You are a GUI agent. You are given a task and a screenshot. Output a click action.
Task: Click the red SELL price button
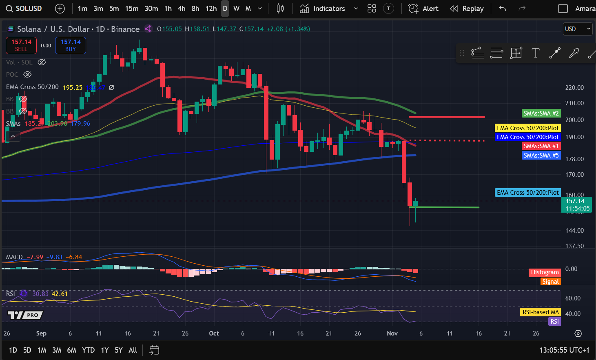[21, 45]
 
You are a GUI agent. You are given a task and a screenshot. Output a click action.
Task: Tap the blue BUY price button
[71, 45]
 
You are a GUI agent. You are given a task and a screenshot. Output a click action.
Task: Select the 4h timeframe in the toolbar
[182, 9]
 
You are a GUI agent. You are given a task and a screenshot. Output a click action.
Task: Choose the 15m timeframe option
[131, 9]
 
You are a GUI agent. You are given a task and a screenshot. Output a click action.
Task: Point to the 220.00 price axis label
[574, 88]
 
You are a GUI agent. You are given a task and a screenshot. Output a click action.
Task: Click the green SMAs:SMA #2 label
[541, 113]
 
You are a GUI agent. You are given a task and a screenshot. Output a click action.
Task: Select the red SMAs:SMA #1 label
[541, 146]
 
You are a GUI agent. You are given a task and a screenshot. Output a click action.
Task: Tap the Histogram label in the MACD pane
[545, 272]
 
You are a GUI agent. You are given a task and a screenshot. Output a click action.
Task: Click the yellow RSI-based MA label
[541, 312]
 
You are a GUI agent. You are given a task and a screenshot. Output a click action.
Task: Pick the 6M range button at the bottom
[71, 350]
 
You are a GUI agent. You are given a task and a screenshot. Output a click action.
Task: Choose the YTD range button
[88, 350]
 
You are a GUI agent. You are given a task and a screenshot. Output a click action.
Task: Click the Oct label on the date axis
[214, 333]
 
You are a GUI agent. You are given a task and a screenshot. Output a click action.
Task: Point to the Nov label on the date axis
[392, 333]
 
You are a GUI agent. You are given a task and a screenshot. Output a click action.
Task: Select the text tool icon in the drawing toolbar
[535, 53]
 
